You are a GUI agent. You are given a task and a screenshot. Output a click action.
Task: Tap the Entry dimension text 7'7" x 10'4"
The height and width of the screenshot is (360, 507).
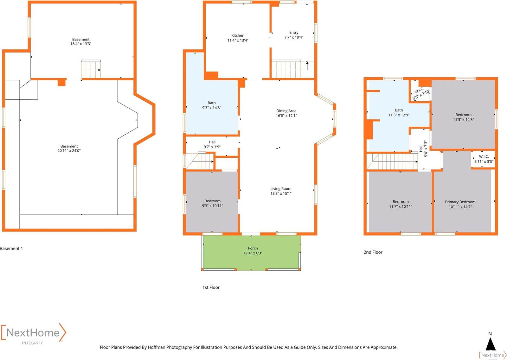[x=293, y=37]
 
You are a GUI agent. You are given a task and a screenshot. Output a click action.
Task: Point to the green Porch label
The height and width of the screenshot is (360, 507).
[x=253, y=250]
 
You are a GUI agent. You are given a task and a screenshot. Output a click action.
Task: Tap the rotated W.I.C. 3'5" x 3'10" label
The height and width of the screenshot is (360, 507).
[x=421, y=93]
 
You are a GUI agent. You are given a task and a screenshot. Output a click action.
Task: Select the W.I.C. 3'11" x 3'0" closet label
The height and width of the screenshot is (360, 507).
[x=484, y=159]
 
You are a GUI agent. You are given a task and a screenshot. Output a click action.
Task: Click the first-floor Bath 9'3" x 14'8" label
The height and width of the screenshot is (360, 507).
[x=211, y=105]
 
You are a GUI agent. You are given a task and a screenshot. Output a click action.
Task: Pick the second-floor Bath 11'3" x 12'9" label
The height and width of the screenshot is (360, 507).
[x=399, y=113]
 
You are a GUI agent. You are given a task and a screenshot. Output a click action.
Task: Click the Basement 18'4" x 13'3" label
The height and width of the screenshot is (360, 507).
[x=81, y=41]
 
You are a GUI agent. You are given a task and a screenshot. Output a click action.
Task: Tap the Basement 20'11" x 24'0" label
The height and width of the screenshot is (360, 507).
[x=69, y=148]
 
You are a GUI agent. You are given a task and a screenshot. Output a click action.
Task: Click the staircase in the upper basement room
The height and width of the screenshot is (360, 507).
[x=91, y=69]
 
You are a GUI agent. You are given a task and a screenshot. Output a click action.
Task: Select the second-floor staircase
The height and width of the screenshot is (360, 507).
[x=392, y=161]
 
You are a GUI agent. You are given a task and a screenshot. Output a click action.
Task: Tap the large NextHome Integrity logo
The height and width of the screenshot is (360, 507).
[x=34, y=334]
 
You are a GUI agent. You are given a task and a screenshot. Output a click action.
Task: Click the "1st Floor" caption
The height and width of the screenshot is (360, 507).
[x=211, y=287]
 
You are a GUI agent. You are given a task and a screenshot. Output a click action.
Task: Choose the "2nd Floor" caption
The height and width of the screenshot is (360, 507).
[x=373, y=252]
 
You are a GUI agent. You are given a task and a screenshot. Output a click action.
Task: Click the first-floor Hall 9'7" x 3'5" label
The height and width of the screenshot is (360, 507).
[x=212, y=144]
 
